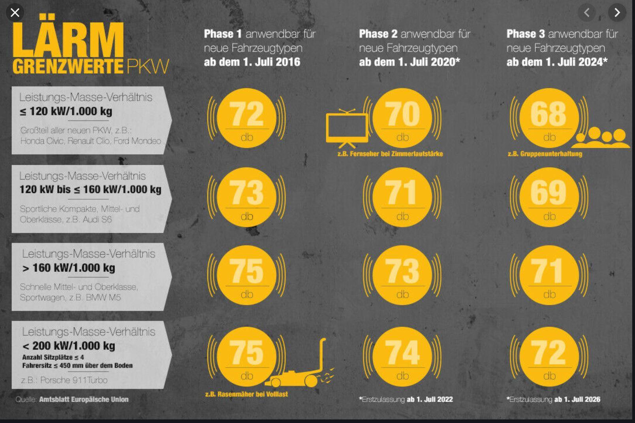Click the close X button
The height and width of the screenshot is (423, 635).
pos(15,13)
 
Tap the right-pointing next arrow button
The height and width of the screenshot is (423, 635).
pos(617,13)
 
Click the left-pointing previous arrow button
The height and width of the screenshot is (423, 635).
pos(587,13)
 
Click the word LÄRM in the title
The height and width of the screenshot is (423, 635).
pos(68,36)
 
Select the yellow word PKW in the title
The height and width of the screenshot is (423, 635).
pos(148,66)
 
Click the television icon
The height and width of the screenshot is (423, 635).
pos(347,128)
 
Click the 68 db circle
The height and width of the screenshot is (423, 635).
pos(549,118)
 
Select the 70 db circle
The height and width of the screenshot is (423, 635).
pos(402,118)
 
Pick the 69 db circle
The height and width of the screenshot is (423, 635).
pos(549,197)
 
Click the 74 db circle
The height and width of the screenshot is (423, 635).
pos(402,356)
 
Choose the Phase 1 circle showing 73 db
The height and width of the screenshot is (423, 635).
pos(247,197)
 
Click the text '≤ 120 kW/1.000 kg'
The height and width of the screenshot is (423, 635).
pos(66,111)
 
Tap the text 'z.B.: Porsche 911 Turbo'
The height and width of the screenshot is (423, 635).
pos(64,380)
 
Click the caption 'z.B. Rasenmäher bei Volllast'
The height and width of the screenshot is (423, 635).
pos(247,394)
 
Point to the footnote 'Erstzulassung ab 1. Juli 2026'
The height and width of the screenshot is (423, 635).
pos(553,399)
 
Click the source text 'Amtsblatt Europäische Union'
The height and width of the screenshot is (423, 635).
pos(84,399)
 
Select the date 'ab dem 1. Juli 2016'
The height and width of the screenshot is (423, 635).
pos(252,62)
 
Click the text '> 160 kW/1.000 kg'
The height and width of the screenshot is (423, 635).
pos(69,268)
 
